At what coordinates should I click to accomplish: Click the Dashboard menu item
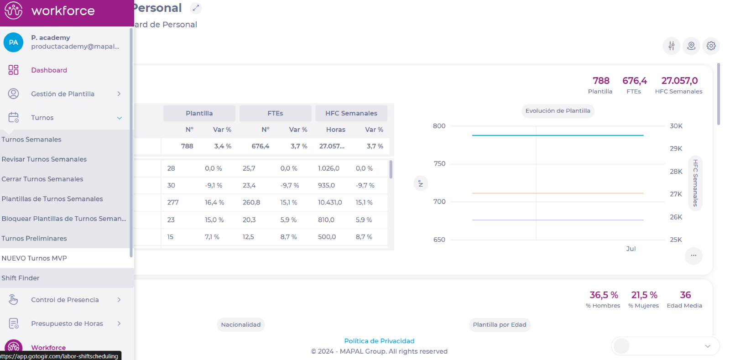[49, 70]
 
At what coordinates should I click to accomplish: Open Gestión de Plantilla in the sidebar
[63, 94]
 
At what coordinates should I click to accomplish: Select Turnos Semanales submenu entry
[31, 140]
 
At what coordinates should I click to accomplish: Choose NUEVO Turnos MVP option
[34, 258]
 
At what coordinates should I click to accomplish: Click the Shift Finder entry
[21, 278]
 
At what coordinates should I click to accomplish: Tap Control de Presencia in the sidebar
[65, 300]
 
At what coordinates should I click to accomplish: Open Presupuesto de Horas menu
[67, 323]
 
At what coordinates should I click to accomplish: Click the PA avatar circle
[14, 42]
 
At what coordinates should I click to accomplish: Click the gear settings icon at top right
[711, 46]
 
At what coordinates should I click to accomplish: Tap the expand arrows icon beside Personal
[196, 8]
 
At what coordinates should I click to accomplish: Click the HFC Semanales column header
[351, 113]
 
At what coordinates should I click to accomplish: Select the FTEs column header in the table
[275, 113]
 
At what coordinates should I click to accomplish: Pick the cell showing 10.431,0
[330, 203]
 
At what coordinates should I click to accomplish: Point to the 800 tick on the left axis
[439, 126]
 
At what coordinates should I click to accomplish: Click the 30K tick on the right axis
[676, 126]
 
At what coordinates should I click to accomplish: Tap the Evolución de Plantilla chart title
[558, 111]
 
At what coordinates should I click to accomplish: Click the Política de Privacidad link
[379, 341]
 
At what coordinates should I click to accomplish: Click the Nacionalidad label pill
[241, 325]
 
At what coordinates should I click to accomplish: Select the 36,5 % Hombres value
[604, 295]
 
